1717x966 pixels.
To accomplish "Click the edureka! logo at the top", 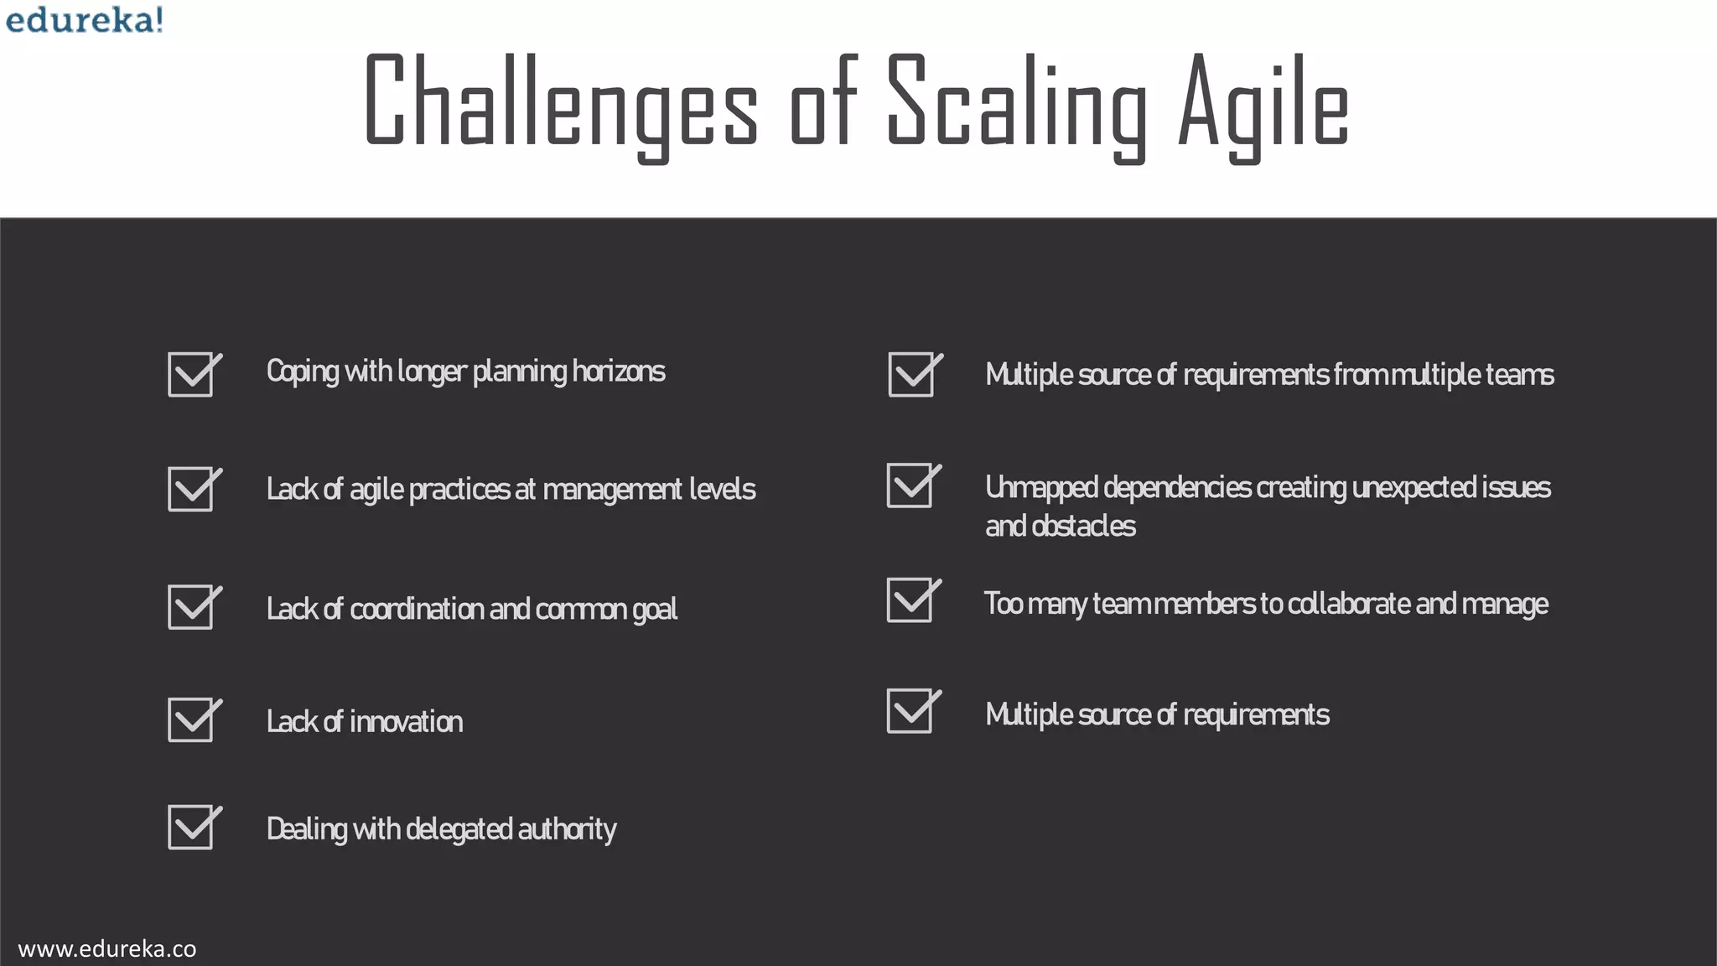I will (x=84, y=19).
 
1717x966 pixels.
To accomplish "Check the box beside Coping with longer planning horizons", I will (x=192, y=374).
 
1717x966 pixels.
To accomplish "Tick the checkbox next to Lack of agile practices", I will (x=192, y=489).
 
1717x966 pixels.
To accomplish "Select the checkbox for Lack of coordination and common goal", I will (x=192, y=607).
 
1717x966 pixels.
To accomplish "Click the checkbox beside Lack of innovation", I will (x=192, y=719).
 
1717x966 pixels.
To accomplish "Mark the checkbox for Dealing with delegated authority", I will (x=192, y=828).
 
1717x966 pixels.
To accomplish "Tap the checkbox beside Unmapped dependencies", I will (x=910, y=486).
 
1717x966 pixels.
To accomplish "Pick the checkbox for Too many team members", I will (x=910, y=600).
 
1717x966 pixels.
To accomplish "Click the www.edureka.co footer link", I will (x=107, y=948).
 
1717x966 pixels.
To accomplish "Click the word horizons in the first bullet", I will (x=619, y=371).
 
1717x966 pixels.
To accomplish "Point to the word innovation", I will (x=407, y=721).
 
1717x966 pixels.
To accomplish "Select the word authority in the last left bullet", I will (x=567, y=828).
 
